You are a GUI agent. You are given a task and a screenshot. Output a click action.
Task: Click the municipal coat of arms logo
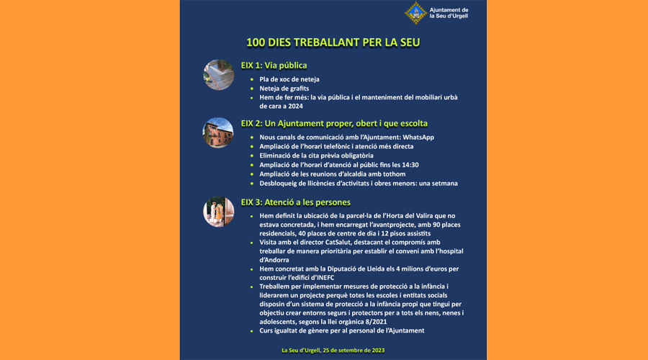415,12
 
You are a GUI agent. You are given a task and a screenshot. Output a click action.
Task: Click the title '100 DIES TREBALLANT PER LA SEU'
333,42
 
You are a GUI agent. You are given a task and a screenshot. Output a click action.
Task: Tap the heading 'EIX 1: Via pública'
274,66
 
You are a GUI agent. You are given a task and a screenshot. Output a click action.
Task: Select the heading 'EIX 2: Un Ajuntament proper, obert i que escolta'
334,123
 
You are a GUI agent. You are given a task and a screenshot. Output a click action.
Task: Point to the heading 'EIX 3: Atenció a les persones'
296,202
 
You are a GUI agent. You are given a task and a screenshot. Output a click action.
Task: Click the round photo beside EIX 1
218,75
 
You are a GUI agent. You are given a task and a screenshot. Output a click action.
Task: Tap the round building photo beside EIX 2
218,132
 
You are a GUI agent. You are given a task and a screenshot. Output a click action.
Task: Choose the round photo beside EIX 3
218,211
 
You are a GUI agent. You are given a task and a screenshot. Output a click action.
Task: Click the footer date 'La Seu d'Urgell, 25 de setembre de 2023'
333,351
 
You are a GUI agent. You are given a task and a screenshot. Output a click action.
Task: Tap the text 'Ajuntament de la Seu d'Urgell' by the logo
449,12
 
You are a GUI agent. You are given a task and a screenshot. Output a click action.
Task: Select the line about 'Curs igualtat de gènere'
342,330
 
